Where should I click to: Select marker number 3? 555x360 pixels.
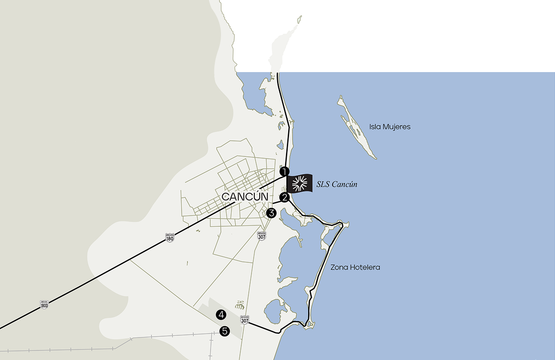(272, 213)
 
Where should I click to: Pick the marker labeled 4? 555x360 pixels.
(221, 315)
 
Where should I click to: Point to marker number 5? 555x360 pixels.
(225, 331)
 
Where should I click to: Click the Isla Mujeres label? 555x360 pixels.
(390, 127)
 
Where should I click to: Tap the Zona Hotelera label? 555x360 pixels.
(355, 267)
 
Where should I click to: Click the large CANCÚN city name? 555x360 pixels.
(245, 197)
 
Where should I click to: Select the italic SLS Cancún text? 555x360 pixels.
(337, 184)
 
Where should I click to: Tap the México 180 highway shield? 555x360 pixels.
(169, 237)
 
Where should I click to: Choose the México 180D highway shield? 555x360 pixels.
(44, 305)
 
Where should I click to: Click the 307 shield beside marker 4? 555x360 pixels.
(245, 320)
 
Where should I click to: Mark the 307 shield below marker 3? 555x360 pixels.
(262, 236)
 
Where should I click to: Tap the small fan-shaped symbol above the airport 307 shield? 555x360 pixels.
(239, 305)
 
